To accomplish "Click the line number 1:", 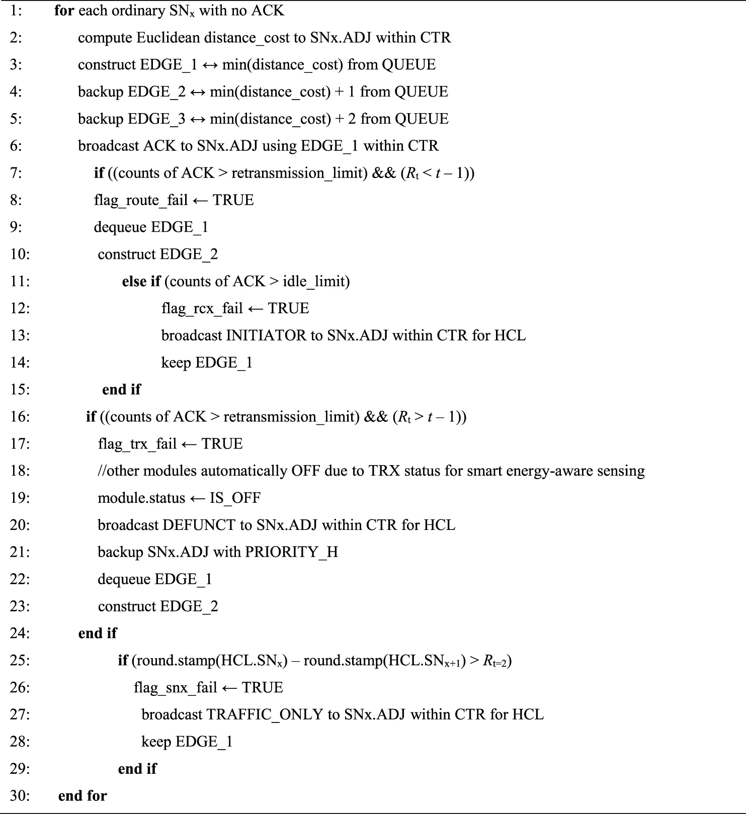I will tap(16, 11).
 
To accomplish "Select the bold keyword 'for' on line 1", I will tap(64, 11).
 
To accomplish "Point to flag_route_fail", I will tap(141, 200).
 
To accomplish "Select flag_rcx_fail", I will tap(202, 308).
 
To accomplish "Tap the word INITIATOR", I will tap(266, 335).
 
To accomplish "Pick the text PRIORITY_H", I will tap(291, 552).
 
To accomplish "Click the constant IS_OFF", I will tap(235, 498).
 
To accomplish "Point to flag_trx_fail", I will tap(137, 444).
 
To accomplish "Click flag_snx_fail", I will tap(176, 687).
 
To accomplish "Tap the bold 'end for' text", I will tap(82, 796).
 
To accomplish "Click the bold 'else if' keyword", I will tap(141, 281).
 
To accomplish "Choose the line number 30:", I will tap(20, 796).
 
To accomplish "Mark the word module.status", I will tap(141, 498).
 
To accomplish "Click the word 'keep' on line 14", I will tap(176, 363).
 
